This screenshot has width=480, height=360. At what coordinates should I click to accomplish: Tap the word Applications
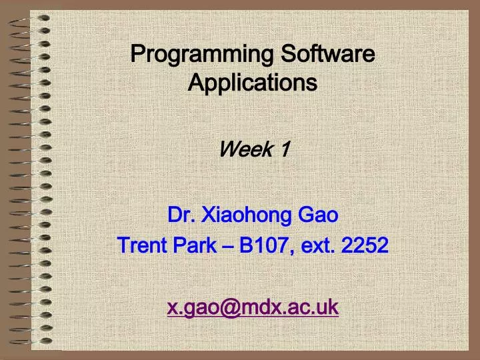[x=252, y=83]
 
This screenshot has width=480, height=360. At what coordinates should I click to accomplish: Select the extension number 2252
[x=365, y=246]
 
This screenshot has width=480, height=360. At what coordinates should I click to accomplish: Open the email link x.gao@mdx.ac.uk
[x=252, y=307]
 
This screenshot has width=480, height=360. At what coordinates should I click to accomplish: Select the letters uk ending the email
[x=327, y=307]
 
